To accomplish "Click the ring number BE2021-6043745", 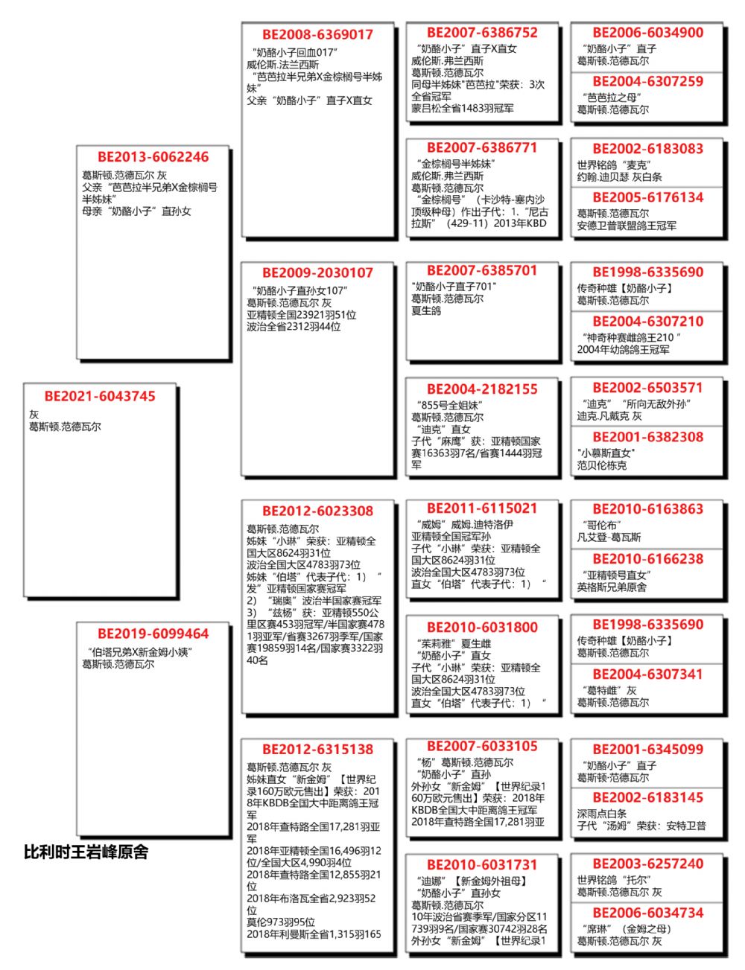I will (x=100, y=396).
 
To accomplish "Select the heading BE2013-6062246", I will (x=153, y=157).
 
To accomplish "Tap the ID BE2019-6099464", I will (x=153, y=634).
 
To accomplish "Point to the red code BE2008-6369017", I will (x=317, y=34).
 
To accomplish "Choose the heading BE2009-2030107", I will (x=317, y=272).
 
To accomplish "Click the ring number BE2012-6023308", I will (x=317, y=511).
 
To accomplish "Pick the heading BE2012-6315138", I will (x=317, y=749).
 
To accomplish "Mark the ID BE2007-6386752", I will (x=482, y=32).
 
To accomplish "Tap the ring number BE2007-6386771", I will (x=482, y=147).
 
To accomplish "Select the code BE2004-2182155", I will (x=482, y=389).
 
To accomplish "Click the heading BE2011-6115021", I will (x=482, y=508).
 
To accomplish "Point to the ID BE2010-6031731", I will (x=482, y=864).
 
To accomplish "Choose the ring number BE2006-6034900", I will (x=647, y=32).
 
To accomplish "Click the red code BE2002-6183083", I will (x=647, y=148).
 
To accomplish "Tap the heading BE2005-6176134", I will (x=647, y=197).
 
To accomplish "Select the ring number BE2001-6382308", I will (x=647, y=437).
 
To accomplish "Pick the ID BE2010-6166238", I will (x=647, y=558).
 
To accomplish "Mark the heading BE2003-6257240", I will (x=647, y=864).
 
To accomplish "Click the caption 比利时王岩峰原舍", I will (x=86, y=852).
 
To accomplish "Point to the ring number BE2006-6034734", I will (x=647, y=913).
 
